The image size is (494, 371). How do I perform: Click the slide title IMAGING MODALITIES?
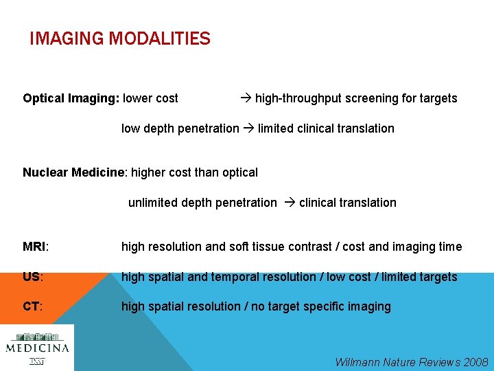pos(120,38)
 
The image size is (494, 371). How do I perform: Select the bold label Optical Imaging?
pos(71,98)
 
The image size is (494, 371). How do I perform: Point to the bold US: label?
pos(33,277)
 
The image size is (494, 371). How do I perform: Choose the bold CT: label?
pos(33,306)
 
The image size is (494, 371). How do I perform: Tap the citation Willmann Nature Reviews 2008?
pos(411,362)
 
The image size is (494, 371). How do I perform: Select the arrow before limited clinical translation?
pos(248,128)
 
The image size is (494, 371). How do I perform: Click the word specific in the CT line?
pos(327,306)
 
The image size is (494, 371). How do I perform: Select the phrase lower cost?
pos(150,98)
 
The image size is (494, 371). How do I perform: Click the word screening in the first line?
pos(369,98)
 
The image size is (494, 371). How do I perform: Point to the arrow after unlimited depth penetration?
pos(288,203)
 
